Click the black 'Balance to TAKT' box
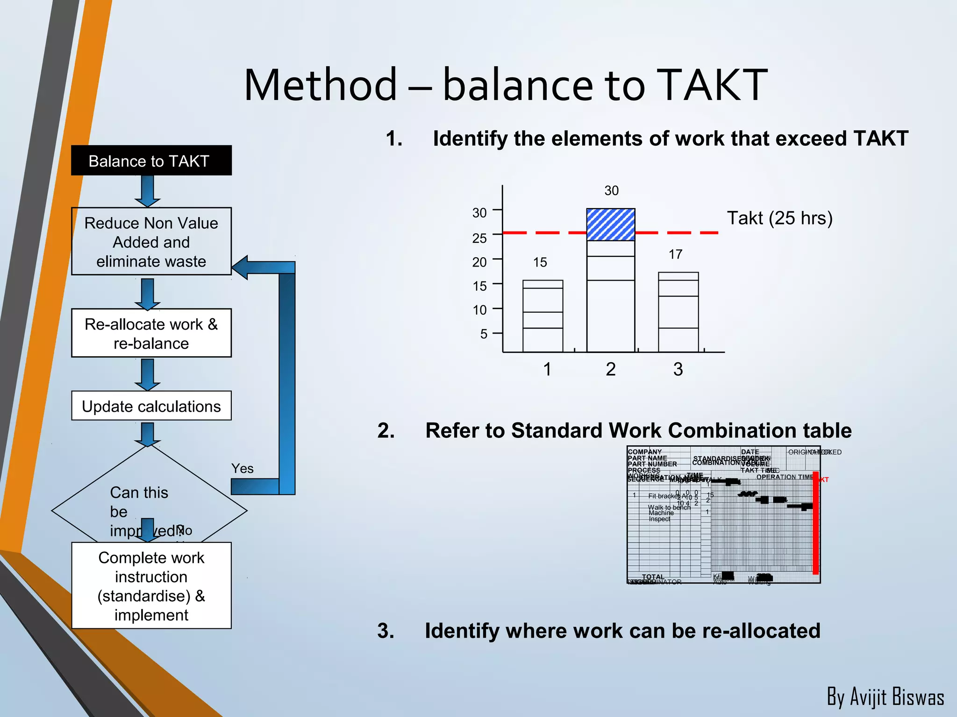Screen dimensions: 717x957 click(151, 161)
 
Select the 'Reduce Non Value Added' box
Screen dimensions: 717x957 click(151, 241)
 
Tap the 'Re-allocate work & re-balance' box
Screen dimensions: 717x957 click(151, 333)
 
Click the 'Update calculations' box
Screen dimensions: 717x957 click(151, 406)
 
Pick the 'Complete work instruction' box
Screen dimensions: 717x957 click(151, 585)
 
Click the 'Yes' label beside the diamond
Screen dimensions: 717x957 click(242, 468)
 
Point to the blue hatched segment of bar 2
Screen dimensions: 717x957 click(610, 225)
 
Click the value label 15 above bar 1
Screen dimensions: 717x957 click(540, 262)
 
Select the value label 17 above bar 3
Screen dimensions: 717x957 click(675, 254)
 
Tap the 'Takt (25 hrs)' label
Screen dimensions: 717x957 click(779, 218)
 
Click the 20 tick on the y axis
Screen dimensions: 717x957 click(479, 262)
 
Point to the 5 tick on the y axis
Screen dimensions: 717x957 click(484, 334)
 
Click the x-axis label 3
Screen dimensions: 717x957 click(678, 369)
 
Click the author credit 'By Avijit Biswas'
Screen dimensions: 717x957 click(885, 696)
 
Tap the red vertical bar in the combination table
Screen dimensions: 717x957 click(815, 523)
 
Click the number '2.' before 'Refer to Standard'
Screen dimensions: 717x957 click(386, 430)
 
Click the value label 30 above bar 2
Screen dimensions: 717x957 click(611, 190)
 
